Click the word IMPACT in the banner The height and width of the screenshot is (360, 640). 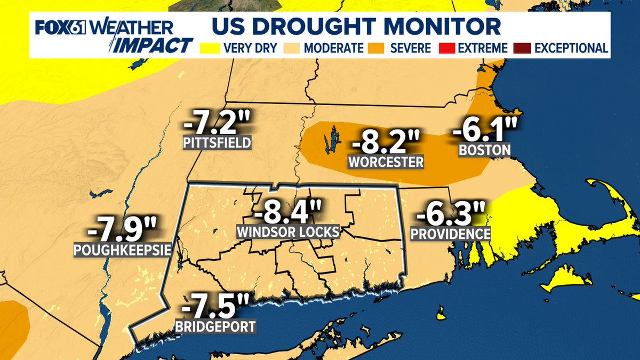point(154,45)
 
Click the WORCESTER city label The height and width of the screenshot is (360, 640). point(385,161)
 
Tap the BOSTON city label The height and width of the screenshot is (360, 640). point(485,150)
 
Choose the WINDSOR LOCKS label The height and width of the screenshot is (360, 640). point(289,233)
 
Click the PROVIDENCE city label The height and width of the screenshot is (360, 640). point(451,234)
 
